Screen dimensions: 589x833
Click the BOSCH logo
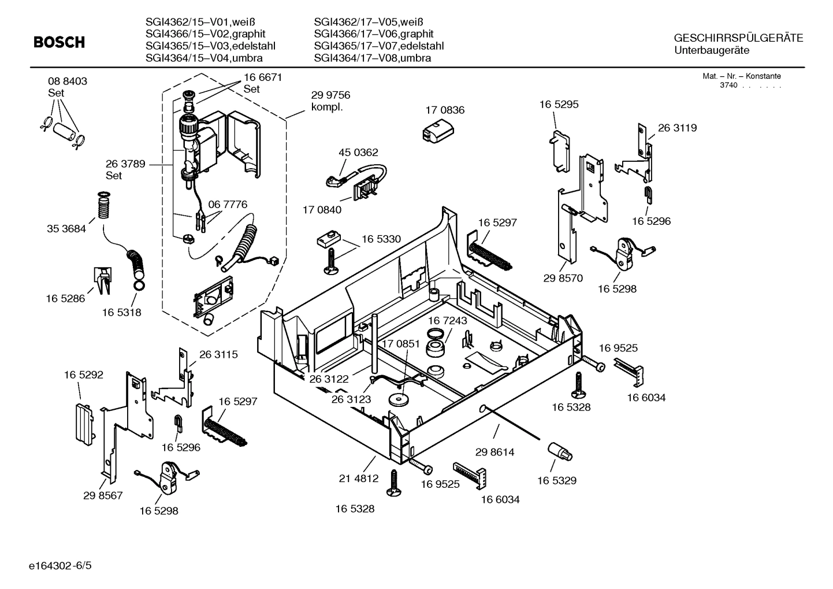(59, 43)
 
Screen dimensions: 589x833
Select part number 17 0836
(445, 110)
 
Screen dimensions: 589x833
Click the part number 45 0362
(358, 153)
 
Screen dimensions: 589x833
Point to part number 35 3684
(66, 229)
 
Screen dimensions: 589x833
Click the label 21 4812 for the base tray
(358, 478)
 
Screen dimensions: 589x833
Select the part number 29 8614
(494, 452)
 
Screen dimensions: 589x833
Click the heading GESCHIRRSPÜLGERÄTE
(738, 38)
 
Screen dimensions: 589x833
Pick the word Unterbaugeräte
(712, 50)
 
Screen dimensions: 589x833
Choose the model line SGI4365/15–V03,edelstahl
(210, 46)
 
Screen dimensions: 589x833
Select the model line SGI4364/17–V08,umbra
(373, 58)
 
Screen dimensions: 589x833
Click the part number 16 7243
(448, 320)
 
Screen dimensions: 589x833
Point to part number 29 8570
(563, 278)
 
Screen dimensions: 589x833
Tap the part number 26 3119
(677, 128)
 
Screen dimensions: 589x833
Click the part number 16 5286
(65, 298)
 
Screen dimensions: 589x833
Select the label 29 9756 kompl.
(330, 101)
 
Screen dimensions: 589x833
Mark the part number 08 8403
(68, 82)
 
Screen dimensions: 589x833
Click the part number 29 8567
(103, 495)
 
